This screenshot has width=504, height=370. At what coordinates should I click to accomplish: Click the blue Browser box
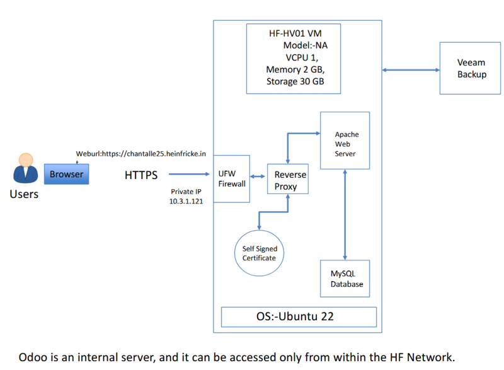[x=66, y=174]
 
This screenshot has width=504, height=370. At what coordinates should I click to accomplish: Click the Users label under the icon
[x=24, y=194]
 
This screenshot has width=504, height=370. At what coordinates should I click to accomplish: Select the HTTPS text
[x=141, y=175]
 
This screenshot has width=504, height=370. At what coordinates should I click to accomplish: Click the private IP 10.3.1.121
[x=186, y=200]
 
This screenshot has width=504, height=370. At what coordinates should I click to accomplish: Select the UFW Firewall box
[x=232, y=178]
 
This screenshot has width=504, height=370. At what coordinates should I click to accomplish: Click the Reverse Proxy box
[x=290, y=180]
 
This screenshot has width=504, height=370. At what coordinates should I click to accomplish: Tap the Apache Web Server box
[x=346, y=141]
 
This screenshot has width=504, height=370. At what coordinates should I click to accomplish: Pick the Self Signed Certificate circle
[x=259, y=253]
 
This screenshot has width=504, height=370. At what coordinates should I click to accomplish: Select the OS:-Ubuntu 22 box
[x=299, y=316]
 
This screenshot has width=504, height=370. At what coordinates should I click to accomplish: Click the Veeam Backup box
[x=471, y=68]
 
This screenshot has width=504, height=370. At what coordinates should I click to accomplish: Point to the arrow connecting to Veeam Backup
[x=411, y=69]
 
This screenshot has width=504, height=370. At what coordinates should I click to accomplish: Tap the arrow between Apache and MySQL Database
[x=345, y=214]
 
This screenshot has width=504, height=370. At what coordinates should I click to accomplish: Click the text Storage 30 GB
[x=295, y=81]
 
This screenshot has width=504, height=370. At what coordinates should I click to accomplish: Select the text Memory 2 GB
[x=295, y=69]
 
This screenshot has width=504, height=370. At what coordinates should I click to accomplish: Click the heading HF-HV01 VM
[x=295, y=33]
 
